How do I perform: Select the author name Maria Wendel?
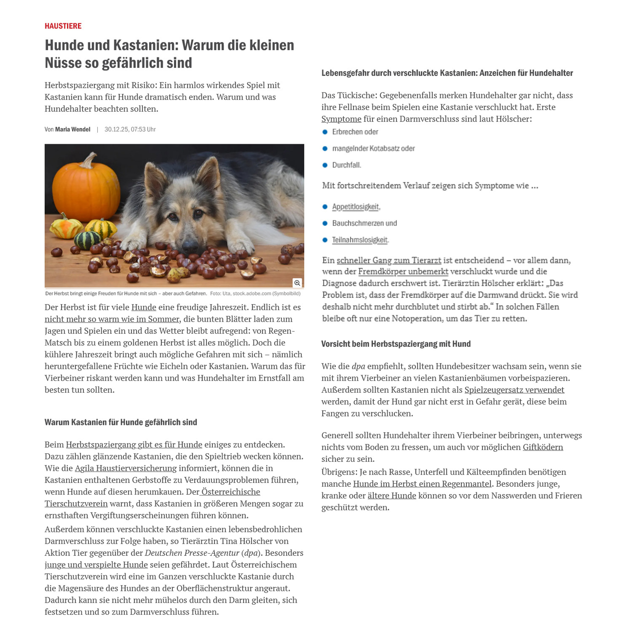click(x=73, y=129)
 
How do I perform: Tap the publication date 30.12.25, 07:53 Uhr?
click(x=130, y=129)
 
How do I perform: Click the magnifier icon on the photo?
click(x=297, y=283)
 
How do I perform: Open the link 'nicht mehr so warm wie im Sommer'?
click(x=112, y=319)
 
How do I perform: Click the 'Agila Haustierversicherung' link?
click(x=126, y=468)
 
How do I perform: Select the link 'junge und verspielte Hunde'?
click(x=96, y=565)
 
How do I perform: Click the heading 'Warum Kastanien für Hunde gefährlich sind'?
click(x=121, y=422)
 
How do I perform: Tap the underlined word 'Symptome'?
click(x=341, y=119)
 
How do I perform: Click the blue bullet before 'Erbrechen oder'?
click(x=325, y=132)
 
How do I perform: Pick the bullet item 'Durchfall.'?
click(x=346, y=165)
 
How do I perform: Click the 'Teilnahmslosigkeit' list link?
click(x=360, y=240)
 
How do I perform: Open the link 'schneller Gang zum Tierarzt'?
click(x=389, y=260)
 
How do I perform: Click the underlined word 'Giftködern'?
click(x=543, y=447)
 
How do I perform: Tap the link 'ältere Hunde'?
click(x=391, y=496)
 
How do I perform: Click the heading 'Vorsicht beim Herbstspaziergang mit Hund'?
click(x=396, y=344)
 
